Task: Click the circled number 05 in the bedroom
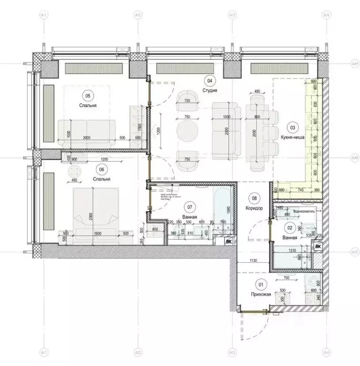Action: pos(87,96)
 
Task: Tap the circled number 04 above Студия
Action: pos(208,80)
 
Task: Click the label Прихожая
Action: pos(261,295)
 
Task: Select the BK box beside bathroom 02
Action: pos(318,246)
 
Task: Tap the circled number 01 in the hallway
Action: pos(260,285)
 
